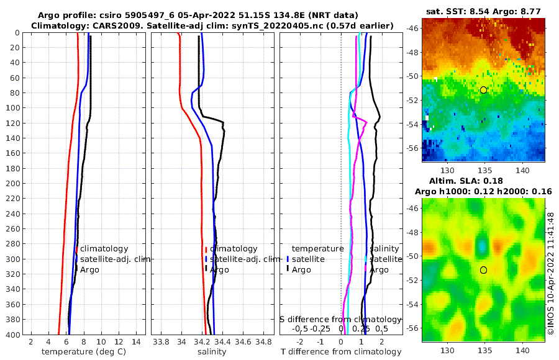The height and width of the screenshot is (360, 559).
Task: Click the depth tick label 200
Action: point(11,183)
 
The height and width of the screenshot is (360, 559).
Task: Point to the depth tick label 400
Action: point(11,335)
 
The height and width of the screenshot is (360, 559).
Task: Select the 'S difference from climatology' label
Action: point(340,318)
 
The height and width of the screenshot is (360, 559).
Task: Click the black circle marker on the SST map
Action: point(483,90)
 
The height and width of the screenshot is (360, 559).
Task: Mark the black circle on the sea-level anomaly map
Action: point(483,270)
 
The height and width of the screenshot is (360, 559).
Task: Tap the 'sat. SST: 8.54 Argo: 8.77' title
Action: point(483,12)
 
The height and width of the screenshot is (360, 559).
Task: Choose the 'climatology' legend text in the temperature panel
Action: point(104,249)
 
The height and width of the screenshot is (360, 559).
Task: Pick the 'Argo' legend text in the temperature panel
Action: point(90,269)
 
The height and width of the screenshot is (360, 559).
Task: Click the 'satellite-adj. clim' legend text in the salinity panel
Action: point(245,259)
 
